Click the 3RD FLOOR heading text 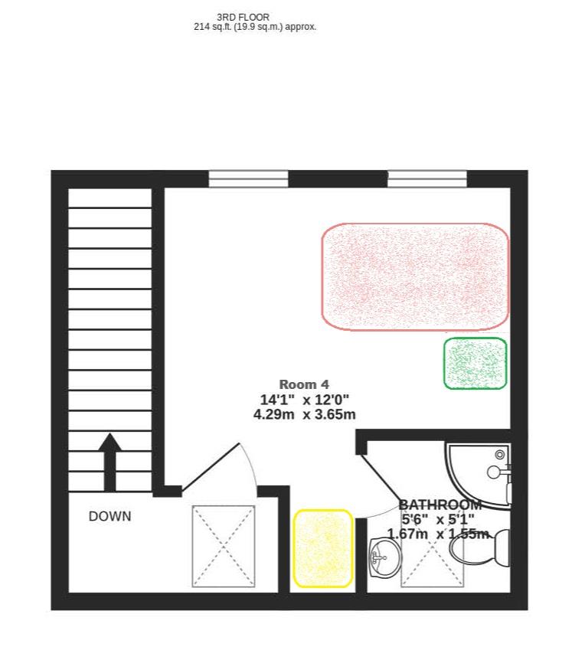pyautogui.click(x=243, y=17)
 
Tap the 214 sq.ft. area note pyautogui.click(x=255, y=27)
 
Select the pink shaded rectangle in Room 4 pyautogui.click(x=414, y=276)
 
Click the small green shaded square pyautogui.click(x=476, y=363)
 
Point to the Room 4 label pyautogui.click(x=304, y=384)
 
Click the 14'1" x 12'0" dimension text pyautogui.click(x=304, y=399)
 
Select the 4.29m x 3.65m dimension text pyautogui.click(x=304, y=414)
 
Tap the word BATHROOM pyautogui.click(x=440, y=505)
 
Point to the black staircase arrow pyautogui.click(x=110, y=461)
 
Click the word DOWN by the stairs pyautogui.click(x=109, y=516)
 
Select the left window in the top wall pyautogui.click(x=248, y=179)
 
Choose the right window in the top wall pyautogui.click(x=427, y=179)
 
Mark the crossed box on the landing pyautogui.click(x=223, y=546)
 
